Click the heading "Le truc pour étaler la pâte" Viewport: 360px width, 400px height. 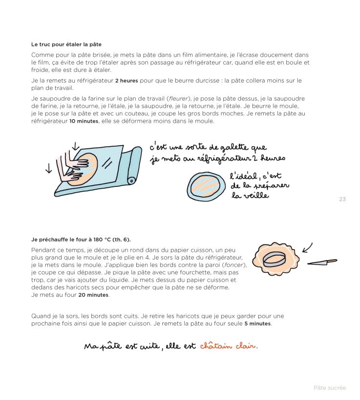click(x=66, y=45)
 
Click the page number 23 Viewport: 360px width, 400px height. click(x=342, y=199)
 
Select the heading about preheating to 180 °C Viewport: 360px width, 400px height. click(x=74, y=240)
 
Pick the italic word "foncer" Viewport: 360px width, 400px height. click(x=235, y=265)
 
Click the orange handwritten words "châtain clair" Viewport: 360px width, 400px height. click(x=228, y=346)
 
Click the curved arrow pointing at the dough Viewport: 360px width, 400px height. click(x=307, y=247)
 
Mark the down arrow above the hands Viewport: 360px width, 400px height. click(x=75, y=146)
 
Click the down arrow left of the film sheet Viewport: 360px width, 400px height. click(x=48, y=168)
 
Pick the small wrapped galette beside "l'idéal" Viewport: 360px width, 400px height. click(x=207, y=186)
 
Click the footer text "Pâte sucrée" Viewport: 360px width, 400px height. click(x=329, y=388)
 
